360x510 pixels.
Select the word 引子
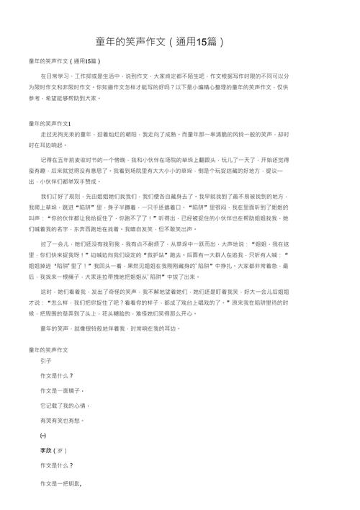(x=45, y=360)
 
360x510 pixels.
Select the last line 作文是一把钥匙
(x=61, y=482)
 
